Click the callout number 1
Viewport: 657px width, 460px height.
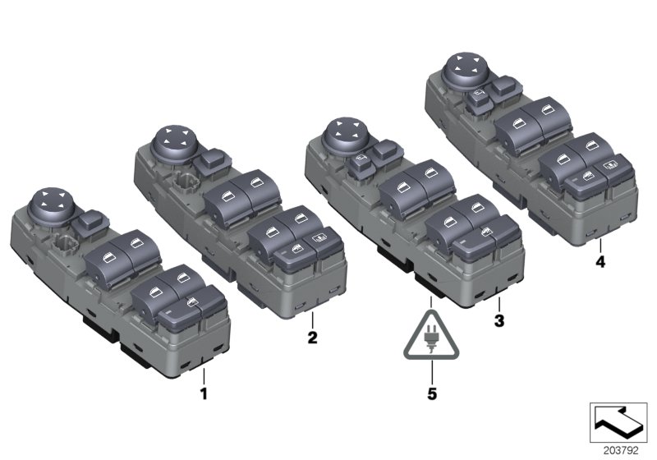coord(204,394)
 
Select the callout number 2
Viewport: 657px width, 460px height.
coord(313,337)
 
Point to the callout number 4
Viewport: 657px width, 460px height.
coord(600,263)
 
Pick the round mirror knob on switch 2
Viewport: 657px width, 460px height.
coord(172,141)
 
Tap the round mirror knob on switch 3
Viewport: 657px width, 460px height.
coord(341,133)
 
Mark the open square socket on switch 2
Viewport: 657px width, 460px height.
coord(187,182)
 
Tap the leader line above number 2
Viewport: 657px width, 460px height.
coord(313,320)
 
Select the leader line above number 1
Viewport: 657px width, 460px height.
coord(204,377)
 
